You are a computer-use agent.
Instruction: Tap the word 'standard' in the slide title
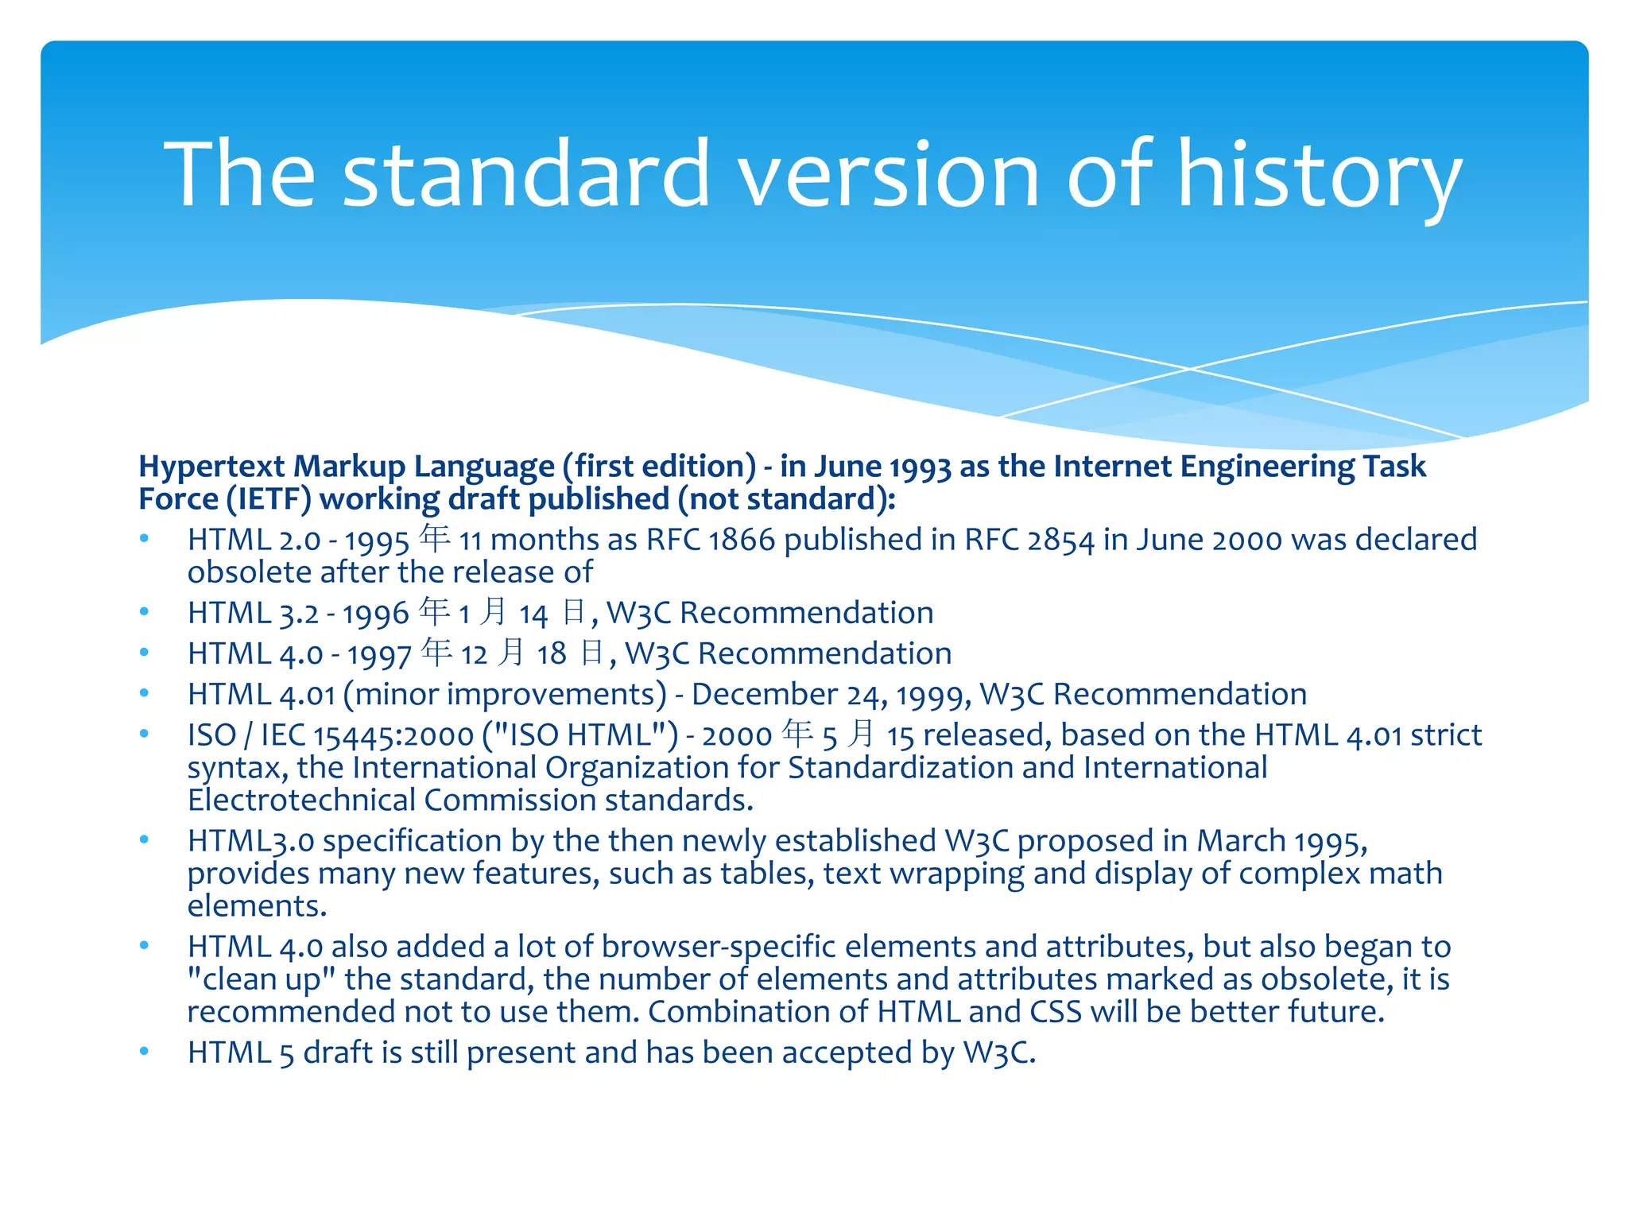point(525,175)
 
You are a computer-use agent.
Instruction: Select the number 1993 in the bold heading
point(920,467)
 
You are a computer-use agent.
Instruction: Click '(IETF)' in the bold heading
point(268,499)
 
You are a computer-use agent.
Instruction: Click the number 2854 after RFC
point(1060,540)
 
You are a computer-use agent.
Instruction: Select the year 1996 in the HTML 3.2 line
point(376,614)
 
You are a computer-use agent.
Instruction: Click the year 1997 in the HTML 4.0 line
point(378,654)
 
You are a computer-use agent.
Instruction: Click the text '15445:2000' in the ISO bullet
point(393,735)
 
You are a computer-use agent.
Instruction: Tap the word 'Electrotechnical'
point(300,800)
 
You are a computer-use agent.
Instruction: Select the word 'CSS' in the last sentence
point(1056,1012)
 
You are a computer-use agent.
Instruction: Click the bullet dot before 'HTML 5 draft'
point(144,1052)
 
